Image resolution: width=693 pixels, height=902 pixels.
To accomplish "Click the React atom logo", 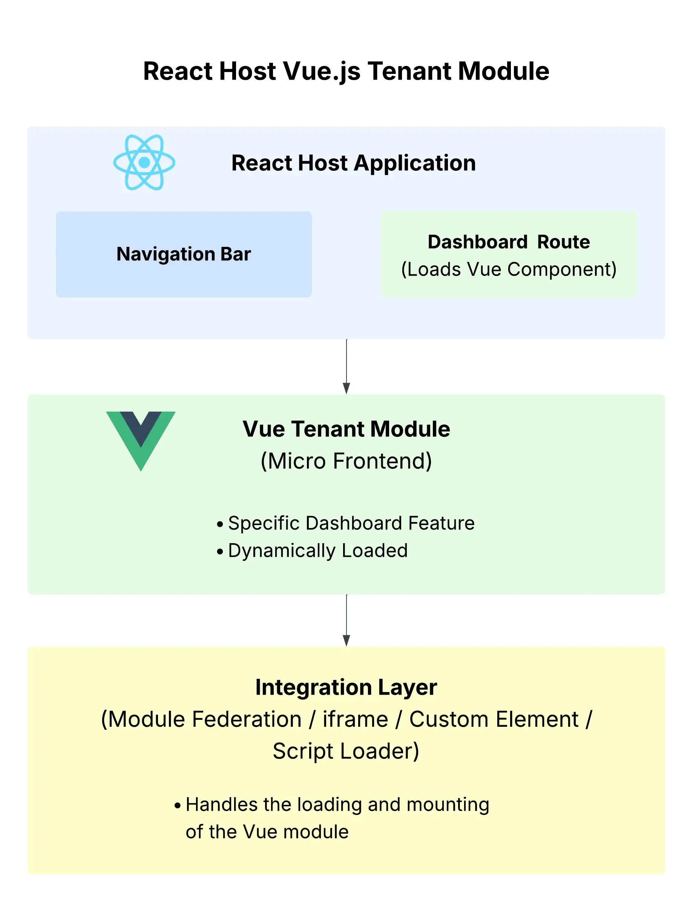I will [x=144, y=162].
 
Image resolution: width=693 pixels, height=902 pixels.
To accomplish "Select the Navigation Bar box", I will [x=184, y=254].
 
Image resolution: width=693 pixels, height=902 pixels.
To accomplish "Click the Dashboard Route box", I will [x=509, y=254].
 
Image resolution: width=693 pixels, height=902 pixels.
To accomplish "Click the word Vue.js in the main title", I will [x=322, y=71].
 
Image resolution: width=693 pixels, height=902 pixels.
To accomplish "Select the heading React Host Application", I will [x=354, y=163].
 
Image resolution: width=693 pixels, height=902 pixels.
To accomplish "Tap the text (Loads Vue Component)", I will [x=509, y=270].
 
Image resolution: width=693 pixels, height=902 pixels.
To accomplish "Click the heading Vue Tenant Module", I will [x=346, y=429].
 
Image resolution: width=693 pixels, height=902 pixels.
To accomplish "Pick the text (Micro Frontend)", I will [x=346, y=461].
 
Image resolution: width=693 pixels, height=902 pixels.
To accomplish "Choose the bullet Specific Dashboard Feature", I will [x=351, y=523].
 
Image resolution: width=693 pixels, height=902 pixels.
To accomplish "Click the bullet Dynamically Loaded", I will [x=317, y=551].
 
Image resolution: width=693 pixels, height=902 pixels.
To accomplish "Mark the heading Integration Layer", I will [x=346, y=687].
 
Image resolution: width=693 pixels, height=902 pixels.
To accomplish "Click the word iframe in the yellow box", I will [x=355, y=719].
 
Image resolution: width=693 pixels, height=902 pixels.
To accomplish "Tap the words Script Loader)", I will [x=346, y=750].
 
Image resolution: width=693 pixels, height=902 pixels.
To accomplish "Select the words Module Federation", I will [x=205, y=719].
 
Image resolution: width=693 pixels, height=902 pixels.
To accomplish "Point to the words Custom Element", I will [x=494, y=719].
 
